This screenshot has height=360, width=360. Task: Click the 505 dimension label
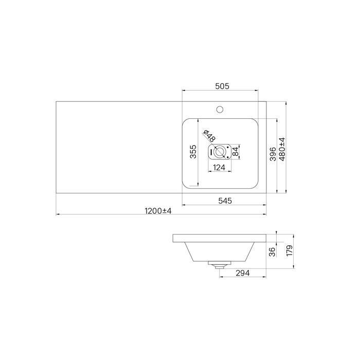[222, 86]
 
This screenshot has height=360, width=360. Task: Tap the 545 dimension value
[225, 201]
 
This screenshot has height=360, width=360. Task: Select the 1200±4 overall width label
[158, 211]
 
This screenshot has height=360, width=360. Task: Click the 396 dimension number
[273, 154]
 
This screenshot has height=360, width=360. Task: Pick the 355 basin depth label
[193, 152]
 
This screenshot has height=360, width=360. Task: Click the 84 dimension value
[236, 152]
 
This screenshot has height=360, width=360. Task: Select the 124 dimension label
[219, 168]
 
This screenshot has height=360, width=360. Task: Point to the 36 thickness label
[272, 252]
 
